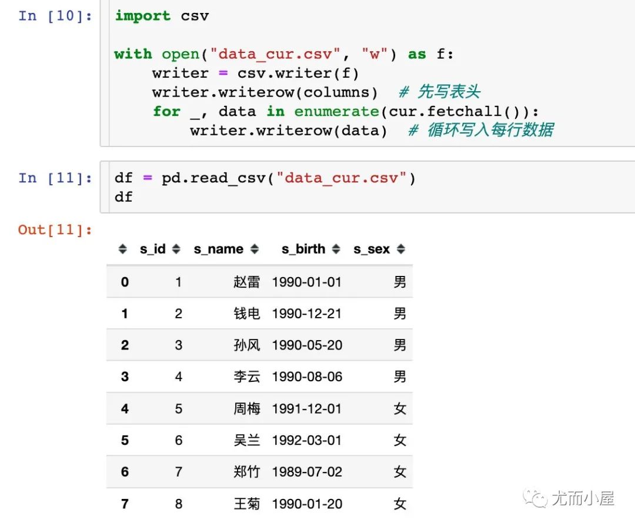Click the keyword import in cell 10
142,16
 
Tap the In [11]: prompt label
55,178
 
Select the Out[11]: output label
55,230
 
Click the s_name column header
218,249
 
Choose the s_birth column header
303,249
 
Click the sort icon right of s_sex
400,249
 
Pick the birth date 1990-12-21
306,313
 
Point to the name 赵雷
246,282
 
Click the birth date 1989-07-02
307,472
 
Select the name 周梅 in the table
246,408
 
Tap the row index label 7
125,504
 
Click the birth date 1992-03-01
306,440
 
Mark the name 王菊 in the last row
246,504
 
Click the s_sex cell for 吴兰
400,440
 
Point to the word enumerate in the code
336,111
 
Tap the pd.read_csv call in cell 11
213,178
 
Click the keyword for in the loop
166,111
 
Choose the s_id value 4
179,377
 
